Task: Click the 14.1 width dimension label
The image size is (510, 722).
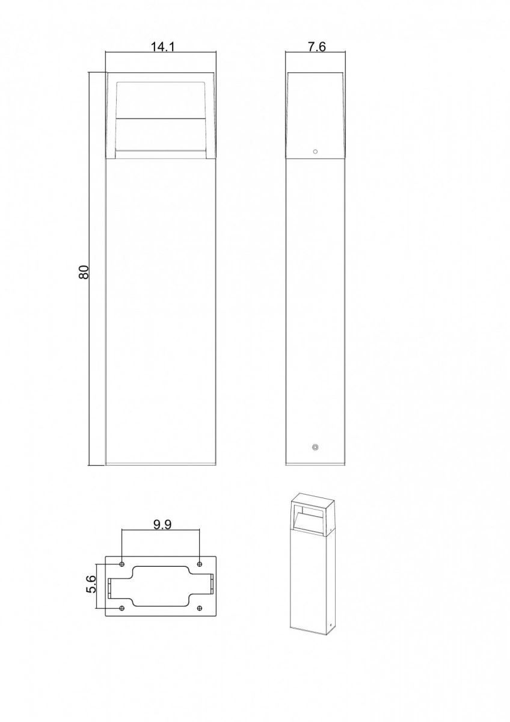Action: [163, 47]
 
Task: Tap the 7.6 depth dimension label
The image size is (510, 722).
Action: [317, 47]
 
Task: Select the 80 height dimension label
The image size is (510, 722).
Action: [84, 272]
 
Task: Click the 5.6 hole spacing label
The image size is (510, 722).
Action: [91, 584]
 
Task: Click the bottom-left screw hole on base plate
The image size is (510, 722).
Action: [121, 608]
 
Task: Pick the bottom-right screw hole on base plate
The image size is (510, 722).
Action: [200, 608]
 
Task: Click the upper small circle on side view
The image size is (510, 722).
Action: [315, 152]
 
